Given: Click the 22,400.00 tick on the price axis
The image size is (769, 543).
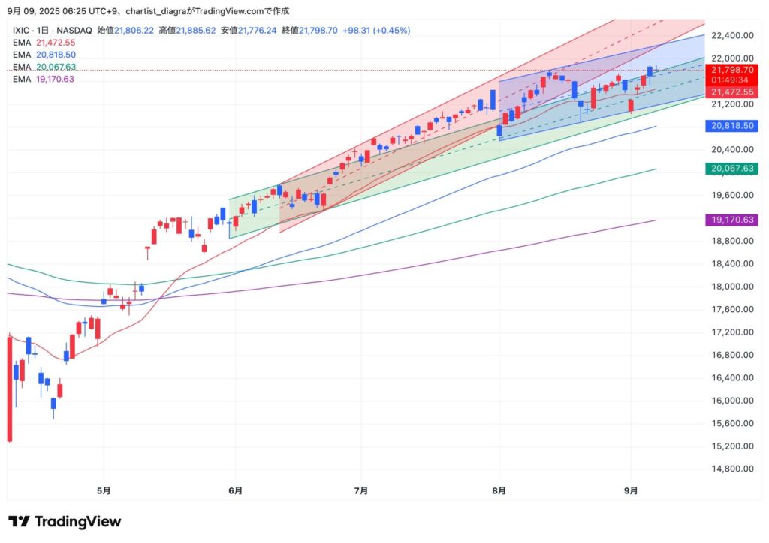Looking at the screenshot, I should pos(732,35).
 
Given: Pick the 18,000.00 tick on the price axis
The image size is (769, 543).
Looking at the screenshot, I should pos(732,286).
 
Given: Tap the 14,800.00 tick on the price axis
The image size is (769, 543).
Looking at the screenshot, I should pos(732,469).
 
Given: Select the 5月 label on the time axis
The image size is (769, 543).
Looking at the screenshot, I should pos(104,491).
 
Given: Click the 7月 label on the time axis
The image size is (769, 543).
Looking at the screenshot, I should pos(361,491).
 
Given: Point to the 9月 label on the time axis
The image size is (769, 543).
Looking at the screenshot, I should pos(632,491).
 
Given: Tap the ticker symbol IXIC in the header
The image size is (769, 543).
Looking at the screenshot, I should pos(21,31).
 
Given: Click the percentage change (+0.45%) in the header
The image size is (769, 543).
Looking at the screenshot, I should pos(389,31).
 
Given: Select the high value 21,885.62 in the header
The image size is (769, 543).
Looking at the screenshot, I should pos(196,31).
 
